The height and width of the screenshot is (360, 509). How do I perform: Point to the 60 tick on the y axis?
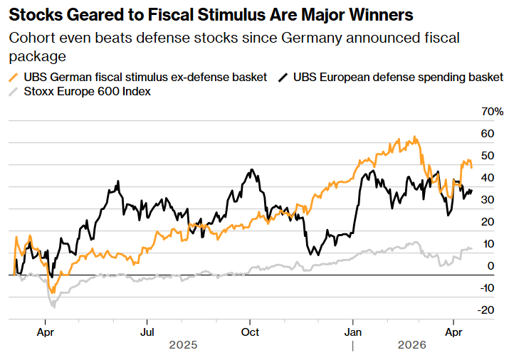point(487,134)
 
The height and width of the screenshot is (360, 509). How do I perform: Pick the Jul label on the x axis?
point(147,331)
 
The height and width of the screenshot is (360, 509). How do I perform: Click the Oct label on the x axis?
point(250,331)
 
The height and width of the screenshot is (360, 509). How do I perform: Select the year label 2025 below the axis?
point(183,345)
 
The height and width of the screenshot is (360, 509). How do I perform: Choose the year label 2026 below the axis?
point(411,345)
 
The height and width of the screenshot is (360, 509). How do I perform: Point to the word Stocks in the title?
point(33,14)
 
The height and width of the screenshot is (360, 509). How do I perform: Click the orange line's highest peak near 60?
point(415,137)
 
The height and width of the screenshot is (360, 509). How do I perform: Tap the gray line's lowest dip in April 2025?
point(53,307)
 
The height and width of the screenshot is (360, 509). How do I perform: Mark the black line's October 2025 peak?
point(251,170)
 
